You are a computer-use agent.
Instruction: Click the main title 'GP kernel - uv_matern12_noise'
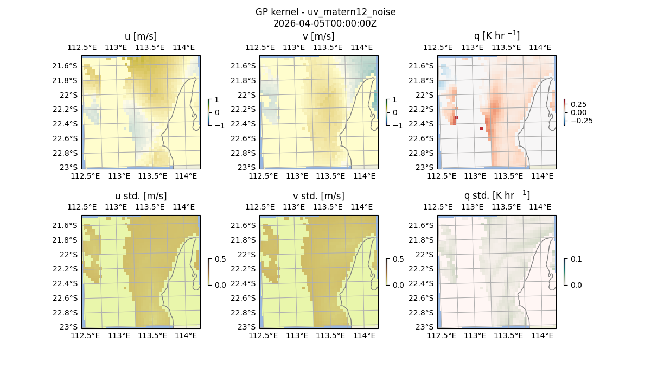[325, 12]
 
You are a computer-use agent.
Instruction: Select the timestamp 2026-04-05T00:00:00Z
[325, 23]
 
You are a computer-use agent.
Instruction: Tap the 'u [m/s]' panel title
[141, 36]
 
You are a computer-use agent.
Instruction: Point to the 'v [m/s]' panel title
[318, 36]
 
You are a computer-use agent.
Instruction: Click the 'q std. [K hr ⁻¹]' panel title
[496, 195]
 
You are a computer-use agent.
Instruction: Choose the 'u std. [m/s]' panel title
[141, 196]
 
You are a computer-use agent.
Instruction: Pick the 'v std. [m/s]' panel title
[318, 196]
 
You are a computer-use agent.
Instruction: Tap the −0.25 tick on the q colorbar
[580, 121]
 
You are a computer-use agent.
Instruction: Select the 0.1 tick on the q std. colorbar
[576, 259]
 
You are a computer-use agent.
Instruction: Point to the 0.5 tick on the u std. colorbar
[220, 259]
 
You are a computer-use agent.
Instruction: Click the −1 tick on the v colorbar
[398, 125]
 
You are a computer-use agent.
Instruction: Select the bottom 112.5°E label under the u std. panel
[85, 335]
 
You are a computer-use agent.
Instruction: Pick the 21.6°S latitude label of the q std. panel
[424, 225]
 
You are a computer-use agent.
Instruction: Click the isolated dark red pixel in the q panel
[481, 128]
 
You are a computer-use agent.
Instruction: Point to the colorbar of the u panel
[208, 112]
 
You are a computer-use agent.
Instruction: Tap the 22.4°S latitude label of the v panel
[246, 124]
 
